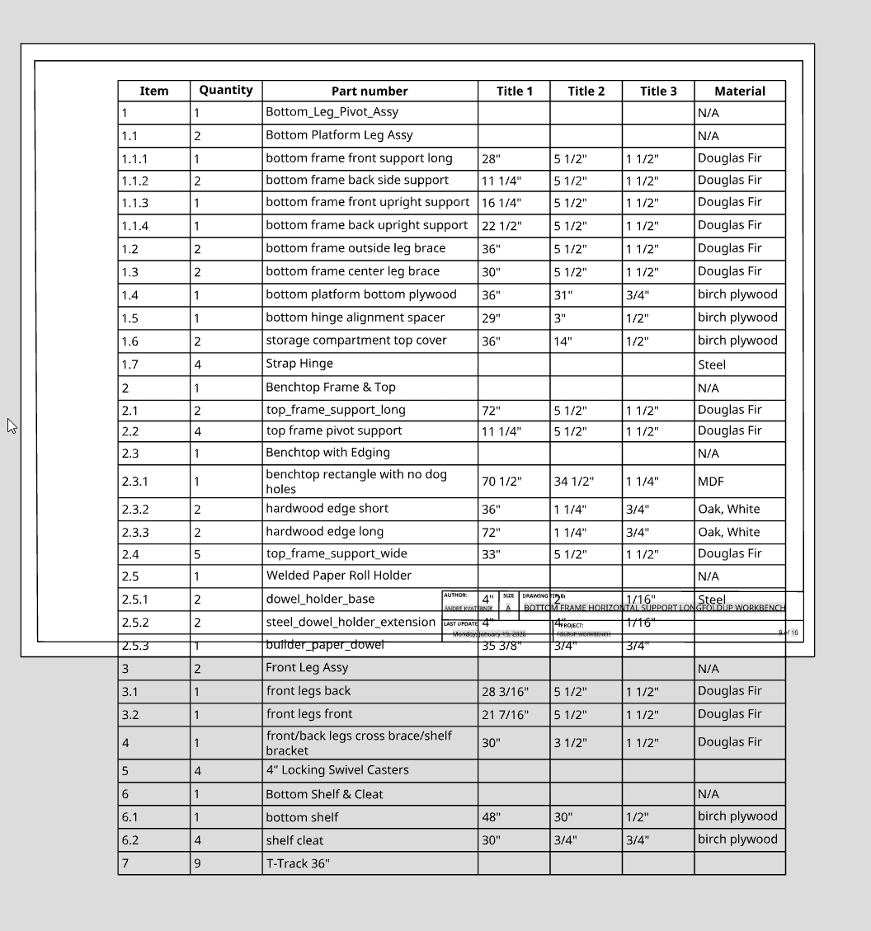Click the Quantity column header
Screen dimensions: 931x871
(225, 91)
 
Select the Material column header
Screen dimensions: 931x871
(739, 92)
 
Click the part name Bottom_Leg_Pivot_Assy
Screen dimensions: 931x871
(332, 112)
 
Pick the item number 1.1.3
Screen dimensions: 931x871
(135, 203)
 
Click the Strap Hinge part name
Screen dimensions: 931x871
(299, 364)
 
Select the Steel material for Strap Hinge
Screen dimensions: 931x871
(712, 364)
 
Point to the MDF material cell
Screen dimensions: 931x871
(710, 482)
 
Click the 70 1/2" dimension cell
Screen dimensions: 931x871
(501, 482)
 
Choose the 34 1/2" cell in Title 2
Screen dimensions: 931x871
(573, 482)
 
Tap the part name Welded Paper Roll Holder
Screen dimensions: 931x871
(338, 576)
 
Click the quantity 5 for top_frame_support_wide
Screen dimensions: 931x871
(197, 554)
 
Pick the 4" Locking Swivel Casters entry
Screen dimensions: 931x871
(337, 770)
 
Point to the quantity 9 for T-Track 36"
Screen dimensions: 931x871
(197, 864)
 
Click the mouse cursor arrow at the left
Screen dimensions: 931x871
(12, 426)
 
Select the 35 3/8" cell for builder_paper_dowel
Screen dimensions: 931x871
(501, 646)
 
